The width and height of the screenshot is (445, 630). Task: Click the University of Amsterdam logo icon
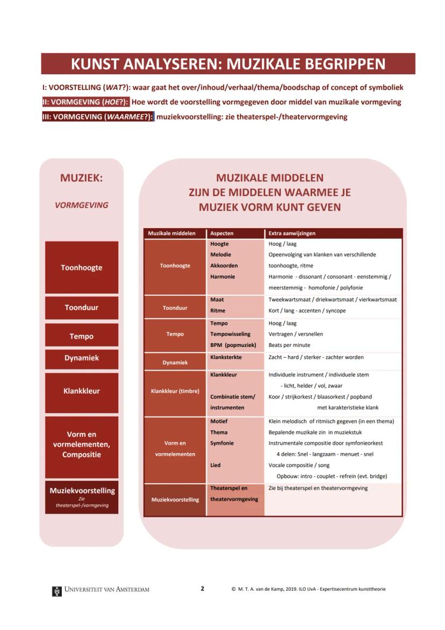point(56,591)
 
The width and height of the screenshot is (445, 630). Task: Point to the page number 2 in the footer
point(203,589)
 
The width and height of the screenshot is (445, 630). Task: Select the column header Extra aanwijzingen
point(292,233)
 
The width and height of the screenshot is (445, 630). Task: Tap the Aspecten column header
point(222,233)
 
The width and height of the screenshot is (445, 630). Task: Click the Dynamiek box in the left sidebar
point(82,358)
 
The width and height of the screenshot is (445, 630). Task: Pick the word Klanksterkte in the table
point(226,357)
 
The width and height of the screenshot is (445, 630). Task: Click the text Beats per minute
point(289,345)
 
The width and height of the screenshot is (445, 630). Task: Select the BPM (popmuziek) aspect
point(233,345)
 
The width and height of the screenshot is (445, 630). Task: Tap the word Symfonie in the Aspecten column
point(222,443)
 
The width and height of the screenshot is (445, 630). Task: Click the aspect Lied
point(216,465)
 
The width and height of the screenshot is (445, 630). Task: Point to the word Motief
point(219,422)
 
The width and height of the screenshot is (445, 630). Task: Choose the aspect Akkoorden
point(224,266)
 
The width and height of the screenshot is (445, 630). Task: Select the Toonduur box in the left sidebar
point(82,308)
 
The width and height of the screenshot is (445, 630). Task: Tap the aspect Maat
point(217,300)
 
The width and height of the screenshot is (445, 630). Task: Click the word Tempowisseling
point(230,334)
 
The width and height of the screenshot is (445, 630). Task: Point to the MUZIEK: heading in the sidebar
point(81,178)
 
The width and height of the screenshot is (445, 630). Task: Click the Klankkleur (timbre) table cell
point(175,392)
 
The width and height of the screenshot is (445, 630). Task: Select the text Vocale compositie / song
point(299,465)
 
